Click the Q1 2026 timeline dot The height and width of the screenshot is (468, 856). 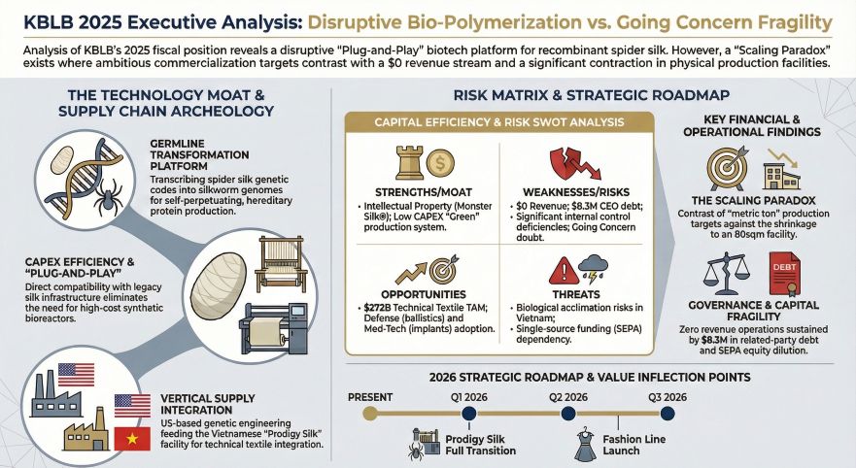[x=469, y=414]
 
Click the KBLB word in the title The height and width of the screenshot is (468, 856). [x=40, y=18]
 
